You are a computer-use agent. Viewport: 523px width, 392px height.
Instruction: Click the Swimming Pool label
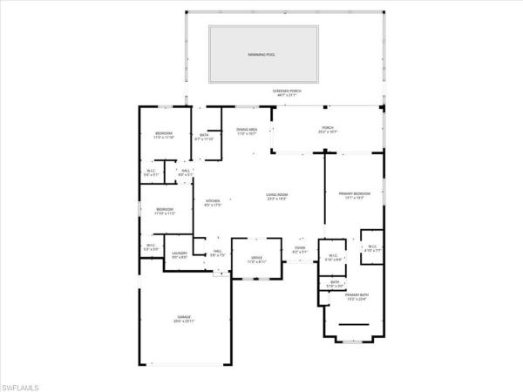tap(261, 54)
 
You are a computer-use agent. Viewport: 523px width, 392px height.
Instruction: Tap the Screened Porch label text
tap(285, 91)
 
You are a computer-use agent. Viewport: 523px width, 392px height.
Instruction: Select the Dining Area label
tap(247, 129)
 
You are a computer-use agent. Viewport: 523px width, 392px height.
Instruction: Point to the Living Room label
tap(277, 194)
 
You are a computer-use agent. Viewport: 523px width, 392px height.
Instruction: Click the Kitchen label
tap(213, 201)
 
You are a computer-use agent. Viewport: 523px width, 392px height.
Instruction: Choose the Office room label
tap(257, 257)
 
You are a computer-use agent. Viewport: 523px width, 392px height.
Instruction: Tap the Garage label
tap(184, 316)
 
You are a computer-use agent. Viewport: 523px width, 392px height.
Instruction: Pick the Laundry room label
tap(155, 253)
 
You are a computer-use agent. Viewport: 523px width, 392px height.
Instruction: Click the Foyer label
tap(300, 248)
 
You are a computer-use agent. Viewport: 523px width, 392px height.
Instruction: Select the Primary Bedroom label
tap(354, 193)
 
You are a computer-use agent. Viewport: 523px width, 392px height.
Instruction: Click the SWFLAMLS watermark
tap(23, 384)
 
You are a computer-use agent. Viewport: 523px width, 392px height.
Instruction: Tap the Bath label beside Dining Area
tap(204, 134)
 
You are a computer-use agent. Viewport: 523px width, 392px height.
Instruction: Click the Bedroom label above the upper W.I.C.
tap(165, 132)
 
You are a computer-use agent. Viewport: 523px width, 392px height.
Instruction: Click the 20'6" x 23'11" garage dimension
tap(184, 321)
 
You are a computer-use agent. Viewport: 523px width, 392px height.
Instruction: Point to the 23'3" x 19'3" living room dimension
tap(277, 199)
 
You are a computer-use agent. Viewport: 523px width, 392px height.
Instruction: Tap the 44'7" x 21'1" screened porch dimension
tap(285, 96)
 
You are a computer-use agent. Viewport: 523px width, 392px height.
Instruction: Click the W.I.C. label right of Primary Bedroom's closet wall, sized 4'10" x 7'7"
tap(372, 246)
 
